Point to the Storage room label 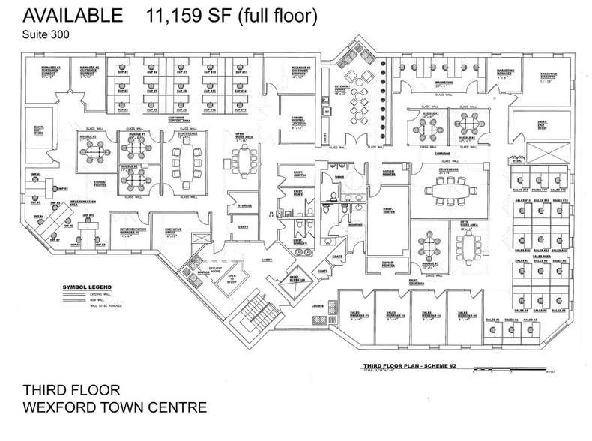[x=244, y=205]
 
